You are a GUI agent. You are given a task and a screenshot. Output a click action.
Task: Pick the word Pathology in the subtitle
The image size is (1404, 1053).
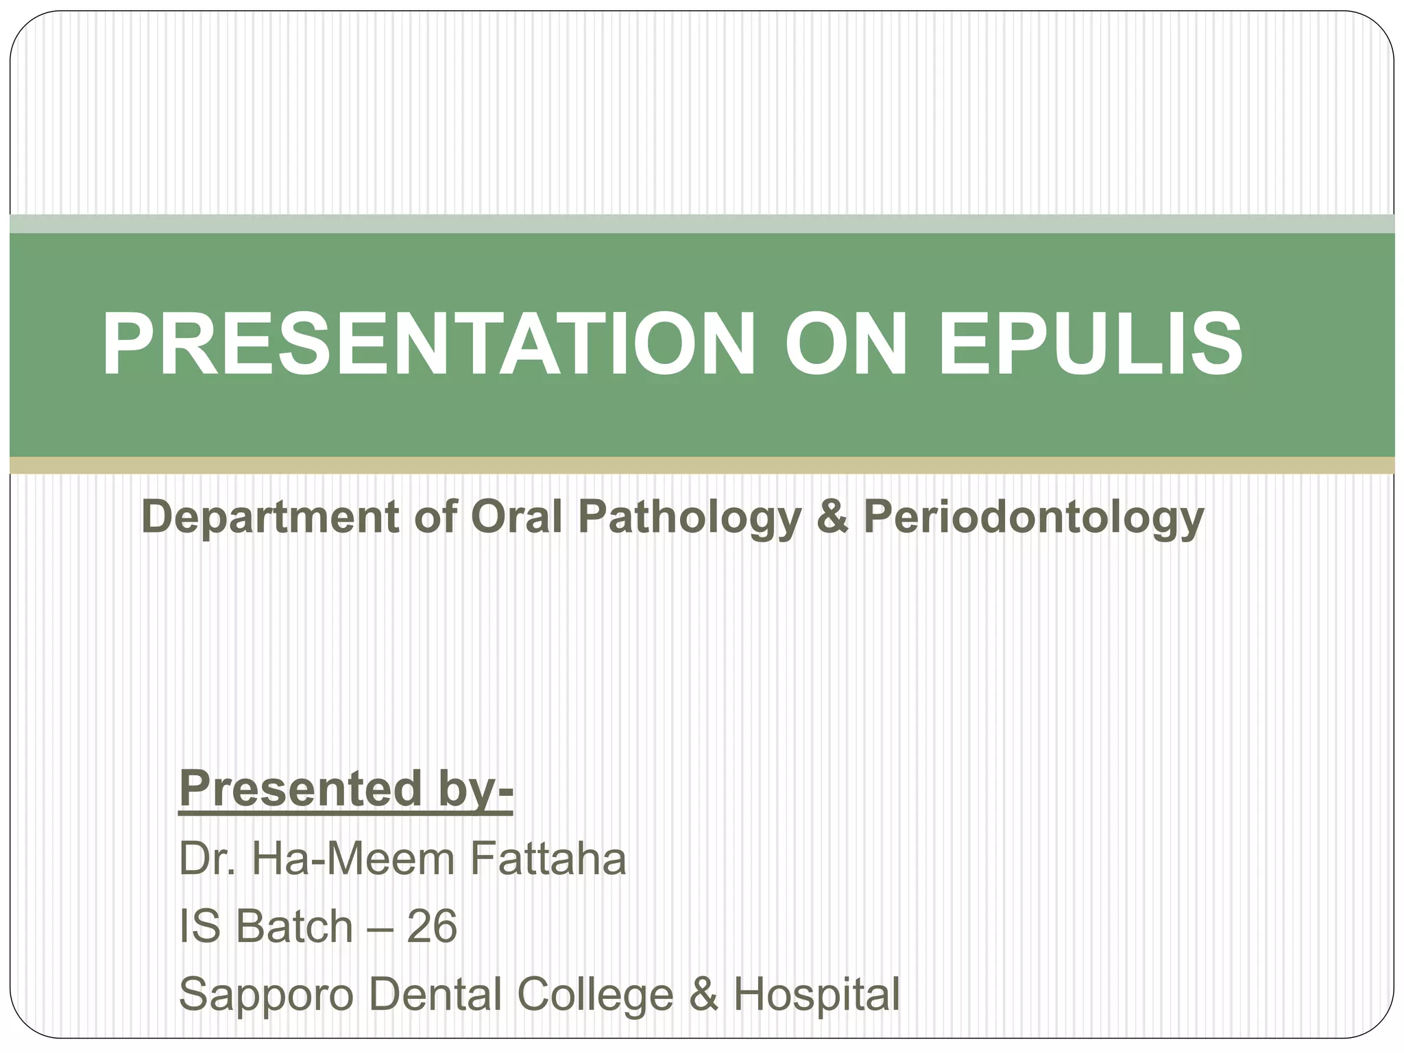coord(689,517)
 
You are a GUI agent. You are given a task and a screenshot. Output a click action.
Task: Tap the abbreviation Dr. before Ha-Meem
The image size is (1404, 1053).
coord(207,858)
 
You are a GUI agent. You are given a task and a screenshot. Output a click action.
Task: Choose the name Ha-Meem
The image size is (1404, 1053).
coord(352,858)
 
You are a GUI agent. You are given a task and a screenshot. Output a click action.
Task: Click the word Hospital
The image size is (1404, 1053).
coord(816,995)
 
